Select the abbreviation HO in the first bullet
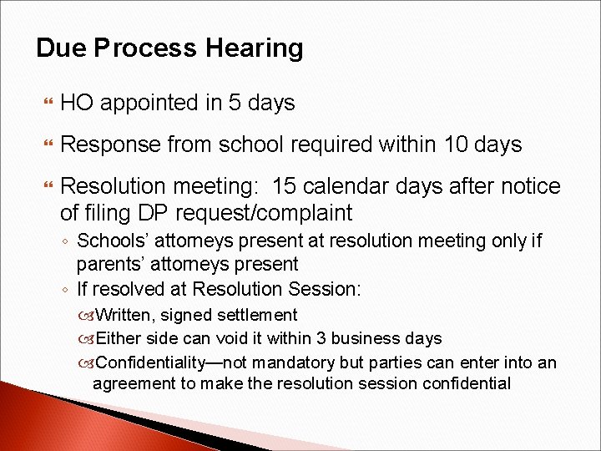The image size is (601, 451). [x=76, y=103]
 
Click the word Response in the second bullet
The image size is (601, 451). [x=110, y=145]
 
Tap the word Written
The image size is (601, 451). [x=125, y=315]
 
